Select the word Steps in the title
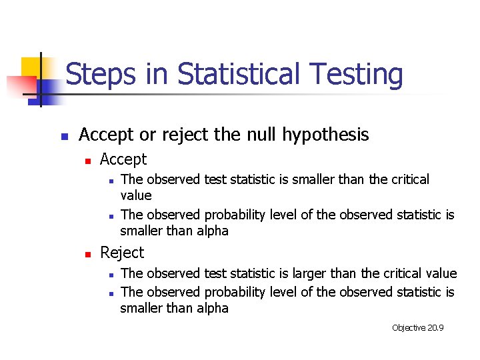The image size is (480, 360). [x=99, y=75]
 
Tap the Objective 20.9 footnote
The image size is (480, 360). [x=418, y=327]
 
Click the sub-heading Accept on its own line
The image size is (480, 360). [x=123, y=159]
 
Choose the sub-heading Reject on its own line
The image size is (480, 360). [x=121, y=253]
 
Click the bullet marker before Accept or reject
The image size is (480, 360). [x=64, y=137]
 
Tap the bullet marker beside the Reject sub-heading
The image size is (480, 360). [x=87, y=254]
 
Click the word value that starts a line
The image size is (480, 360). [x=135, y=195]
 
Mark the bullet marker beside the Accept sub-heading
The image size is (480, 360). [x=87, y=161]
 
